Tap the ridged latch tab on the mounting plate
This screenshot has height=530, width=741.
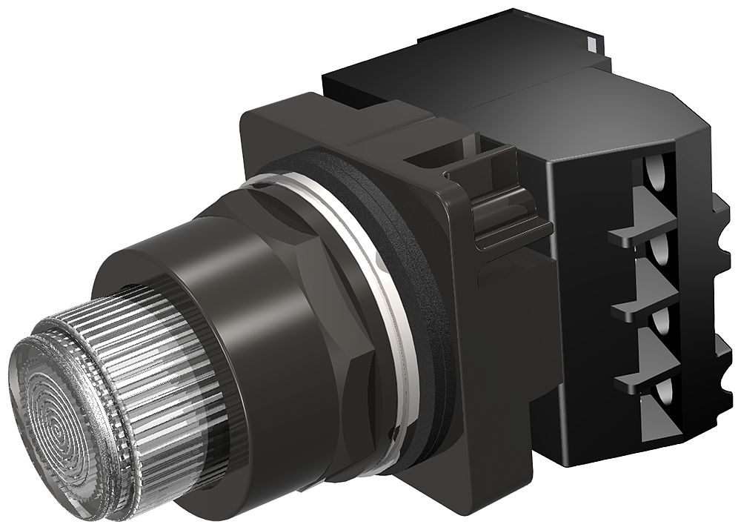coord(504,215)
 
